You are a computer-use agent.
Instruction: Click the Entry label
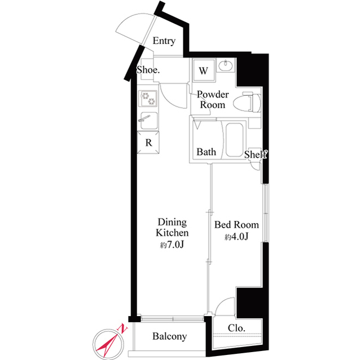pyautogui.click(x=164, y=41)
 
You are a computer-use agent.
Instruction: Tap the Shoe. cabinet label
pyautogui.click(x=148, y=70)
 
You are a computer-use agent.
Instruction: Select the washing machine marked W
pyautogui.click(x=204, y=70)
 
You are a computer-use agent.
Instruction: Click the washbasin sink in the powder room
pyautogui.click(x=226, y=65)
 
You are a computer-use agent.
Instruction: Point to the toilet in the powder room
pyautogui.click(x=247, y=103)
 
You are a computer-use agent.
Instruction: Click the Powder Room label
pyautogui.click(x=213, y=100)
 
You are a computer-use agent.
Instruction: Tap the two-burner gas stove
pyautogui.click(x=148, y=99)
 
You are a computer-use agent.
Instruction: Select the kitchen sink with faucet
pyautogui.click(x=148, y=120)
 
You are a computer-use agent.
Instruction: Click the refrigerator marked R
pyautogui.click(x=148, y=143)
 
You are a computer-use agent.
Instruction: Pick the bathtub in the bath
pyautogui.click(x=235, y=140)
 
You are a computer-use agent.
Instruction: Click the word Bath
pyautogui.click(x=206, y=152)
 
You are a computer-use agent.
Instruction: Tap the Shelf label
pyautogui.click(x=256, y=154)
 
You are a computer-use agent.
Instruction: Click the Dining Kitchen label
pyautogui.click(x=172, y=228)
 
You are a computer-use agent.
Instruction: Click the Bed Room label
pyautogui.click(x=236, y=225)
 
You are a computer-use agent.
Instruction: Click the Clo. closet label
pyautogui.click(x=236, y=328)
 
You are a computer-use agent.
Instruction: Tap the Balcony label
pyautogui.click(x=169, y=336)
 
